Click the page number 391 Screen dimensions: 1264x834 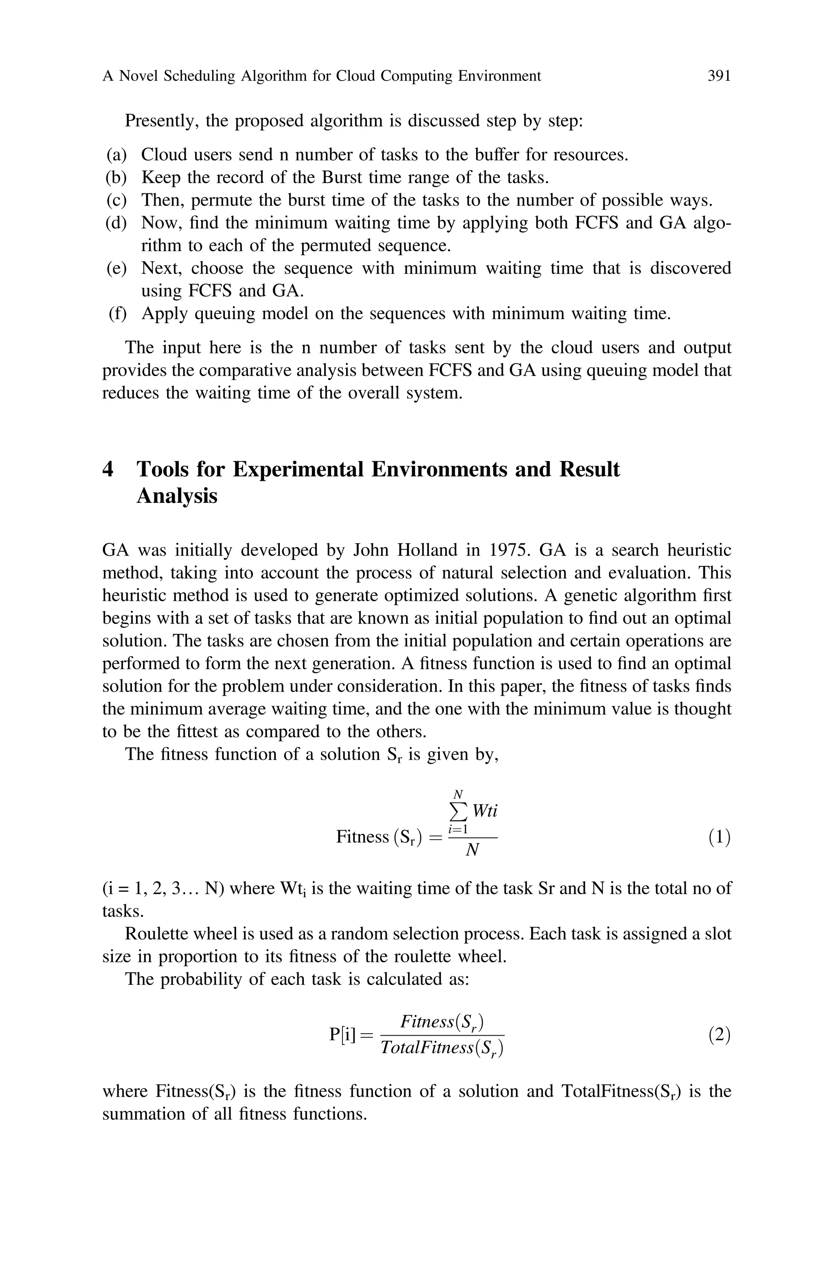[x=719, y=77]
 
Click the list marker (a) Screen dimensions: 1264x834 [x=116, y=155]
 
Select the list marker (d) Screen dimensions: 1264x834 [x=116, y=223]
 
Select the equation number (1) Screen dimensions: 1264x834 [x=719, y=838]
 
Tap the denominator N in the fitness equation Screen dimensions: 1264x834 [x=472, y=851]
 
